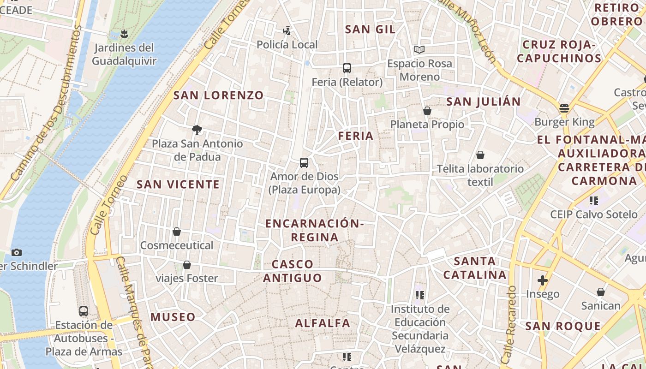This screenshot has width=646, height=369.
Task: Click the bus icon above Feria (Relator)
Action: (x=347, y=68)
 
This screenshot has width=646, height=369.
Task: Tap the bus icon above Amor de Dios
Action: (x=304, y=162)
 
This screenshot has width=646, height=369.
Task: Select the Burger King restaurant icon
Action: (x=564, y=108)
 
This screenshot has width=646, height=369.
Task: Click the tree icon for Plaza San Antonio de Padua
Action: (x=197, y=130)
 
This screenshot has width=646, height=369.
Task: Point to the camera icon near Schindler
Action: (x=17, y=252)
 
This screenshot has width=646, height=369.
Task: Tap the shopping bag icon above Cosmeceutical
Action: (x=176, y=231)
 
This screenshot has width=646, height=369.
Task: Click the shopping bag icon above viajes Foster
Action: (x=187, y=264)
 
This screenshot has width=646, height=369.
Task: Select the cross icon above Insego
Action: (x=543, y=280)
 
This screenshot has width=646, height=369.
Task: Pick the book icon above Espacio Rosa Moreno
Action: (x=419, y=49)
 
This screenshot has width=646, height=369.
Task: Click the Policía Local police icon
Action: (x=287, y=31)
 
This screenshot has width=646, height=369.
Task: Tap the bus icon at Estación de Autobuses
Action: (x=84, y=311)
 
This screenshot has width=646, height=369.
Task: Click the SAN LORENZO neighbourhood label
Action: (x=218, y=95)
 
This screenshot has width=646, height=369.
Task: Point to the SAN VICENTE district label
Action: (x=178, y=184)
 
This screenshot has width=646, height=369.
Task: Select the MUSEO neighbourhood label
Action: (x=173, y=317)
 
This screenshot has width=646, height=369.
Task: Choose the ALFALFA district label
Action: (x=323, y=323)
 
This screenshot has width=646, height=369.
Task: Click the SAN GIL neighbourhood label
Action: (x=370, y=30)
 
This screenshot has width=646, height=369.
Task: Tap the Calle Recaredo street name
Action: (x=509, y=323)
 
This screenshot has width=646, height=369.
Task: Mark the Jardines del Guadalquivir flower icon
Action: (x=124, y=34)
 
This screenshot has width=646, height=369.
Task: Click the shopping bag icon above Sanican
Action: (x=601, y=292)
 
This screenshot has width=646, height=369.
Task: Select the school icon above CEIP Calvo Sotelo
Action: (x=593, y=200)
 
